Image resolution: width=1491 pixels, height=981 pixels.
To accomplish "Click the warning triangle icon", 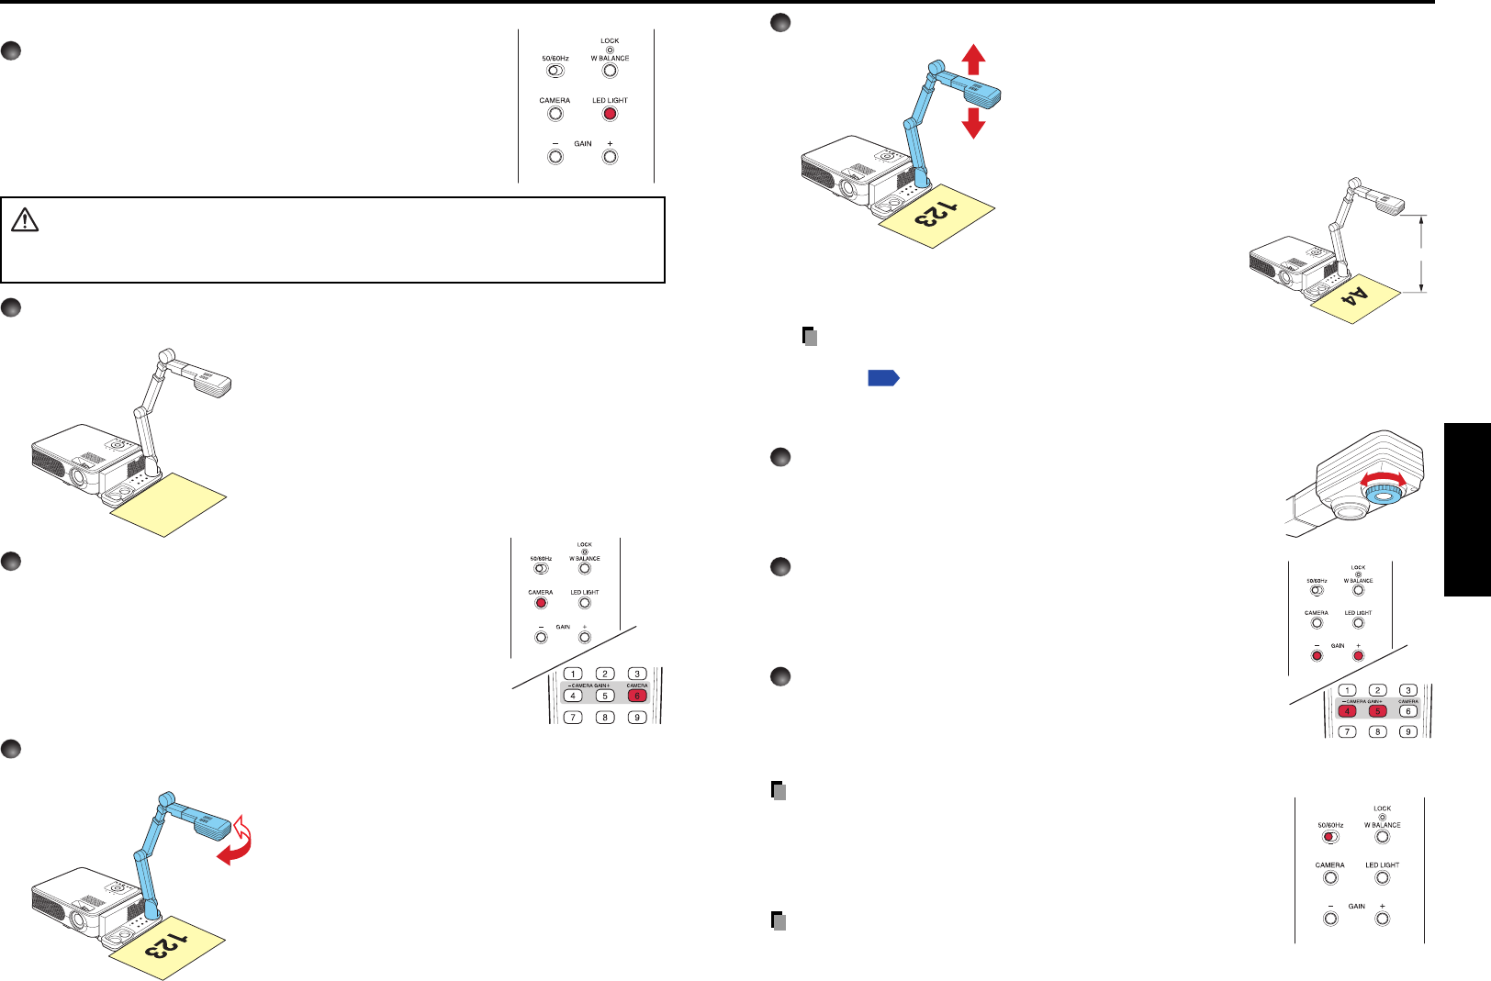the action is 25,219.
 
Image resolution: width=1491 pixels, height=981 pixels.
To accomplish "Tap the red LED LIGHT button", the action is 610,114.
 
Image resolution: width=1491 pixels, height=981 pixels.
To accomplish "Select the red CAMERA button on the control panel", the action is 541,603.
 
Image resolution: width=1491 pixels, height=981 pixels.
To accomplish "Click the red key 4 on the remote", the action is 1347,711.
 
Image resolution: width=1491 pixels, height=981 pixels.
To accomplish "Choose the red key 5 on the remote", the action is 1376,711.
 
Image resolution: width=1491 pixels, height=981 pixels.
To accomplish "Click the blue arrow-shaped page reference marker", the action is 883,377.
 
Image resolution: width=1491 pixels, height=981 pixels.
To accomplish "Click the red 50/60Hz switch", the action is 1328,836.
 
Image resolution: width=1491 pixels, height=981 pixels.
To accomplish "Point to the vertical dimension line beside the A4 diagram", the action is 1421,253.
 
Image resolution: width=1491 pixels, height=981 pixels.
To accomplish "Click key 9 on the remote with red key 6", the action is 637,717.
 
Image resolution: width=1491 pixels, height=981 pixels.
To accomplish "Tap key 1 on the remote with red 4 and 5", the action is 1347,691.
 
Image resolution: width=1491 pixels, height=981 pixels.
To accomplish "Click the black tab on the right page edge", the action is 1467,507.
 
